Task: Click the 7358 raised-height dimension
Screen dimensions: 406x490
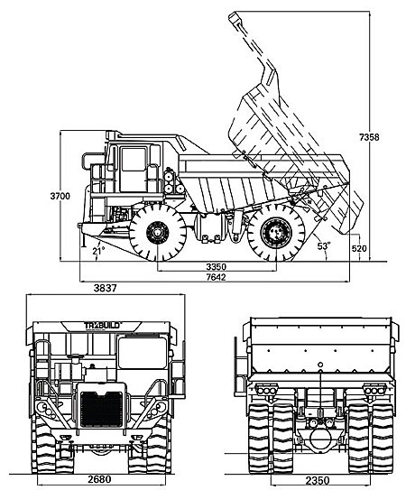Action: point(369,137)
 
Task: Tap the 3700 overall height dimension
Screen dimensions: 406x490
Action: point(60,196)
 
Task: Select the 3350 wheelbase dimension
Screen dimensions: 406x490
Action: point(216,267)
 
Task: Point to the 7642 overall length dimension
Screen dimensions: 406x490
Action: point(216,277)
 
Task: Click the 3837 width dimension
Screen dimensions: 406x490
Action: point(105,288)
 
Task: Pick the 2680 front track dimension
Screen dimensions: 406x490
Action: point(99,479)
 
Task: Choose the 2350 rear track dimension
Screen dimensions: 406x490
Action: point(318,480)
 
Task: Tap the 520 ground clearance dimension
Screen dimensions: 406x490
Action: point(359,249)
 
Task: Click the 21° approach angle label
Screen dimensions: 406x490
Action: point(98,251)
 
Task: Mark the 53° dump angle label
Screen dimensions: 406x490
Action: point(324,246)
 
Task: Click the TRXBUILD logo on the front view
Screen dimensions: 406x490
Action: point(102,326)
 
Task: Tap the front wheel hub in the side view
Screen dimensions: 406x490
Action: point(158,233)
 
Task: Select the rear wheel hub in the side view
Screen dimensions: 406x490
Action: point(276,232)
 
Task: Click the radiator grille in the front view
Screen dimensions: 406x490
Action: point(101,409)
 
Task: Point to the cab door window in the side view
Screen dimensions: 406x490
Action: point(134,160)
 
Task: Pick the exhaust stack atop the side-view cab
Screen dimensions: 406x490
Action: point(112,135)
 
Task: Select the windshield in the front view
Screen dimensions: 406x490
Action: point(143,353)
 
